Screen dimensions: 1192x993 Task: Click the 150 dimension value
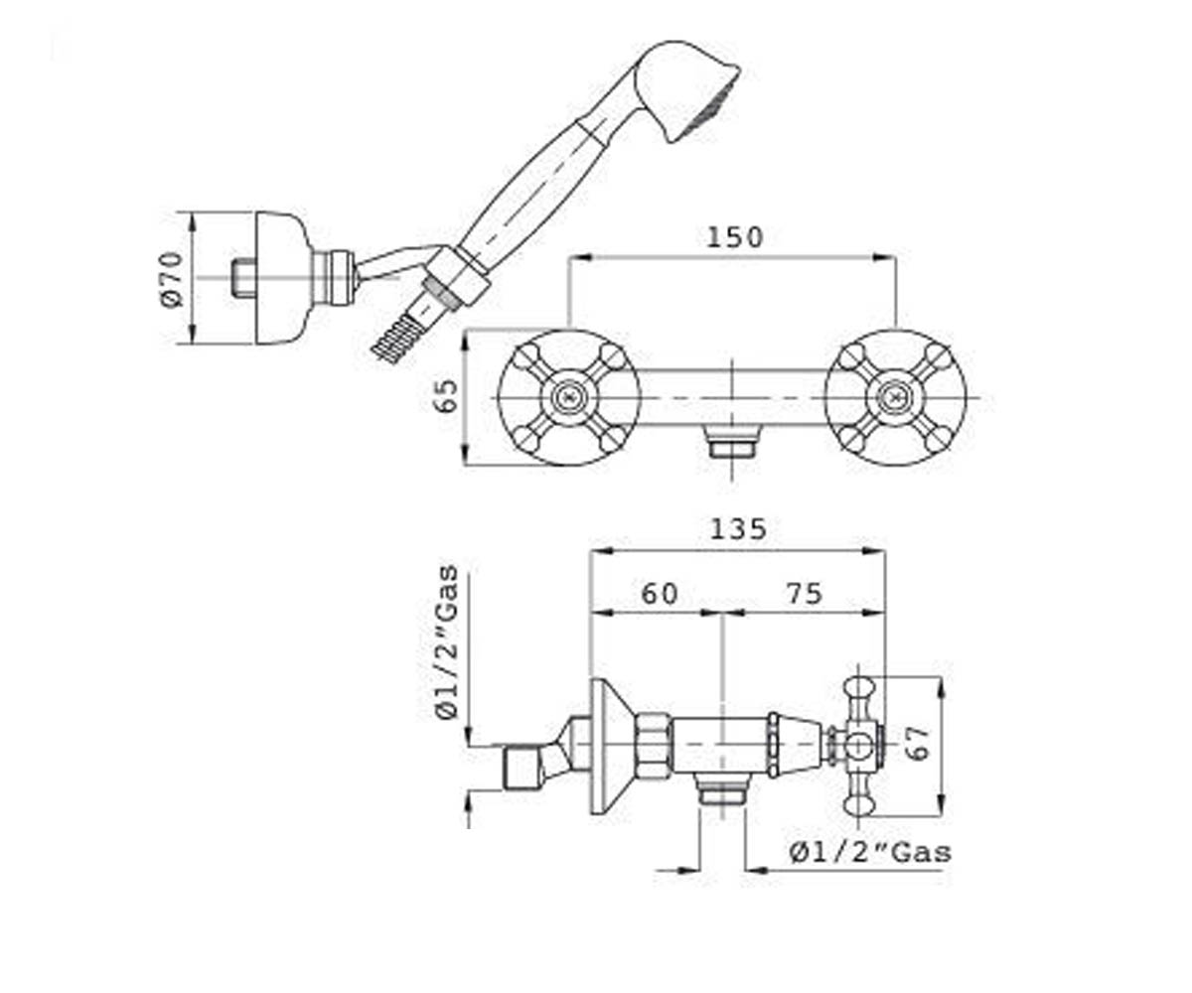coord(734,237)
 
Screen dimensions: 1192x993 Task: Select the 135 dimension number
coord(738,529)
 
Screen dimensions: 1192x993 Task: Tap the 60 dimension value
coord(660,594)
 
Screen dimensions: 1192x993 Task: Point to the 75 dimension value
coord(805,594)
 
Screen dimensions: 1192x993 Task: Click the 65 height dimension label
coord(445,395)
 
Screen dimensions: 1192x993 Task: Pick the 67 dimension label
coord(919,743)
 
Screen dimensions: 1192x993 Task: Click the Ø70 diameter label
coord(172,279)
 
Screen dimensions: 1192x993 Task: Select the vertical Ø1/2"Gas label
coord(446,642)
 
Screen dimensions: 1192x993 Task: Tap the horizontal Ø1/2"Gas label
coord(870,853)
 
